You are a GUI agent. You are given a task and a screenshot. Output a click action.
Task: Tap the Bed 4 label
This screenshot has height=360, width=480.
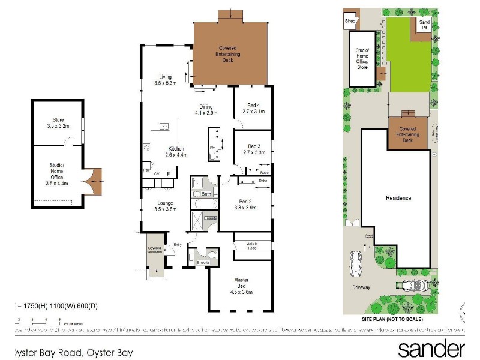tap(250, 108)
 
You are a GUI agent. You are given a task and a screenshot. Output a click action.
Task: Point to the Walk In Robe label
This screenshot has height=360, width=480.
tap(251, 247)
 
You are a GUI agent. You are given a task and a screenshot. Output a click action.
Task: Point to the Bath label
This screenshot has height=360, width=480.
tap(206, 194)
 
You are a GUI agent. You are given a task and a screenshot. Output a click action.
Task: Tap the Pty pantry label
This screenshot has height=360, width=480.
tap(146, 170)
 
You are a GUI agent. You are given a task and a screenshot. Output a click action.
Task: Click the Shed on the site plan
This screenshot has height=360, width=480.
tap(350, 22)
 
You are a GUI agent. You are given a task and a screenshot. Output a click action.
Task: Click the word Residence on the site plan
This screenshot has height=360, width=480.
tap(398, 198)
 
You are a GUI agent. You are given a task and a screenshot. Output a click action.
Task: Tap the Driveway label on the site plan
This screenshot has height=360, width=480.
tap(361, 287)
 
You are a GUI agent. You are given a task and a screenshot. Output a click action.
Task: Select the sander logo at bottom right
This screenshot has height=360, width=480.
tap(431, 349)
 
